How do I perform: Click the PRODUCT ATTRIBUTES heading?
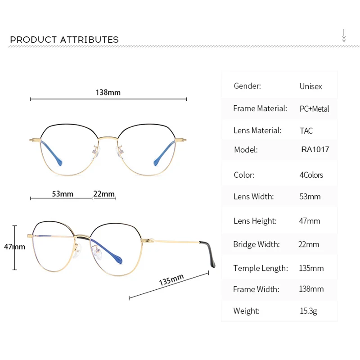(x=64, y=40)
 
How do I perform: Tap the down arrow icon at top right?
(x=344, y=36)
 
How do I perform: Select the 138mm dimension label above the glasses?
(x=108, y=92)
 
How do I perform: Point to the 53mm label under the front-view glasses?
(x=63, y=194)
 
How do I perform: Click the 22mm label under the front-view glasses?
(x=104, y=194)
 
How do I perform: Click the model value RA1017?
(x=315, y=149)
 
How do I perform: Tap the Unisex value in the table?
(x=311, y=86)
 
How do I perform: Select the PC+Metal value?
(x=314, y=108)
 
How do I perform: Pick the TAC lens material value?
(x=306, y=130)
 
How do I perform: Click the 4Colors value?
(x=311, y=175)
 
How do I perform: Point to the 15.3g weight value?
(x=308, y=311)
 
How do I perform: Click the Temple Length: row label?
(x=261, y=268)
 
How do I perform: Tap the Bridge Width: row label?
(x=256, y=244)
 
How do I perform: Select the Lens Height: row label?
(x=255, y=221)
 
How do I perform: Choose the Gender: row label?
(x=247, y=85)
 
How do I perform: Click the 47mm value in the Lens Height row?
(x=310, y=221)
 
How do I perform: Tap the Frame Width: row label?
(x=256, y=289)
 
